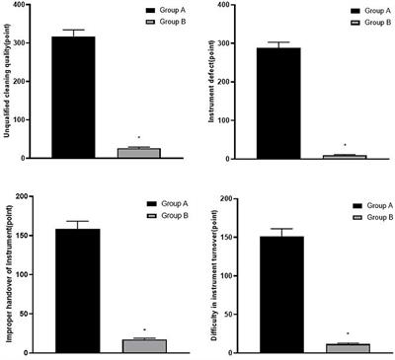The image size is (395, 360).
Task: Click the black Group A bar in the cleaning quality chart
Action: tap(74, 98)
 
